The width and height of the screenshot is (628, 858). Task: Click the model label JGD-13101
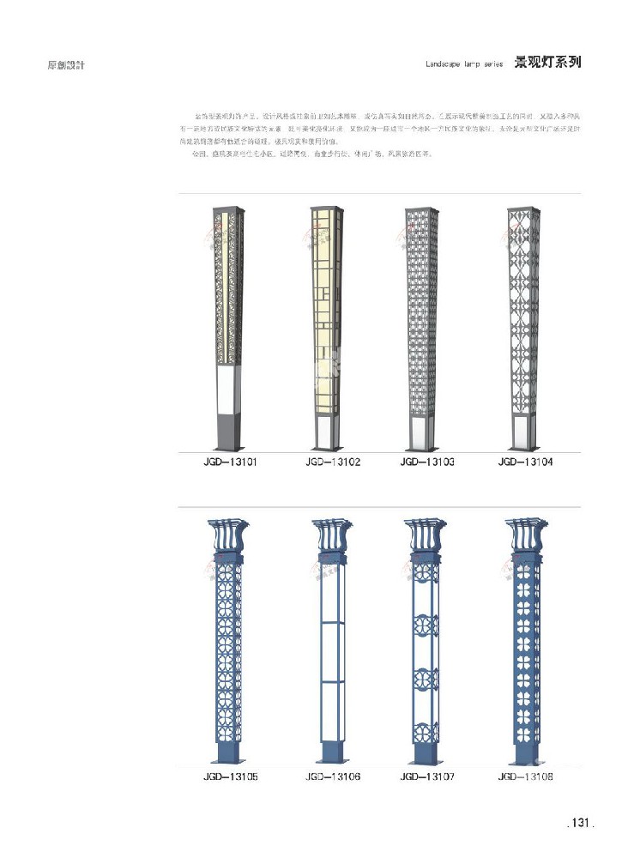pyautogui.click(x=229, y=462)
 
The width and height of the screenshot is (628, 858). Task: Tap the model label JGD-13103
pyautogui.click(x=426, y=462)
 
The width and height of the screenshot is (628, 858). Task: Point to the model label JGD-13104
pyautogui.click(x=525, y=462)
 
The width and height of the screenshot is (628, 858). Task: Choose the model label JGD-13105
pyautogui.click(x=229, y=776)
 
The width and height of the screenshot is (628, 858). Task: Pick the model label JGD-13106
pyautogui.click(x=330, y=776)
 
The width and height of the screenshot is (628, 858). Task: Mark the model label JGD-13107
pyautogui.click(x=426, y=776)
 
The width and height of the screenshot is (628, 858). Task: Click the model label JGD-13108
pyautogui.click(x=525, y=776)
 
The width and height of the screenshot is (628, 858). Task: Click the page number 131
pyautogui.click(x=581, y=823)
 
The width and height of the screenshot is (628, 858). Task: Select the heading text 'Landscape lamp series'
pyautogui.click(x=463, y=64)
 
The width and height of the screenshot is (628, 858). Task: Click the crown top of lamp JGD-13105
pyautogui.click(x=226, y=536)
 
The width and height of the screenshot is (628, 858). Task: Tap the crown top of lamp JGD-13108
pyautogui.click(x=522, y=536)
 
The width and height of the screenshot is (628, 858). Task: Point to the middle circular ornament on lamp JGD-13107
pyautogui.click(x=426, y=624)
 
